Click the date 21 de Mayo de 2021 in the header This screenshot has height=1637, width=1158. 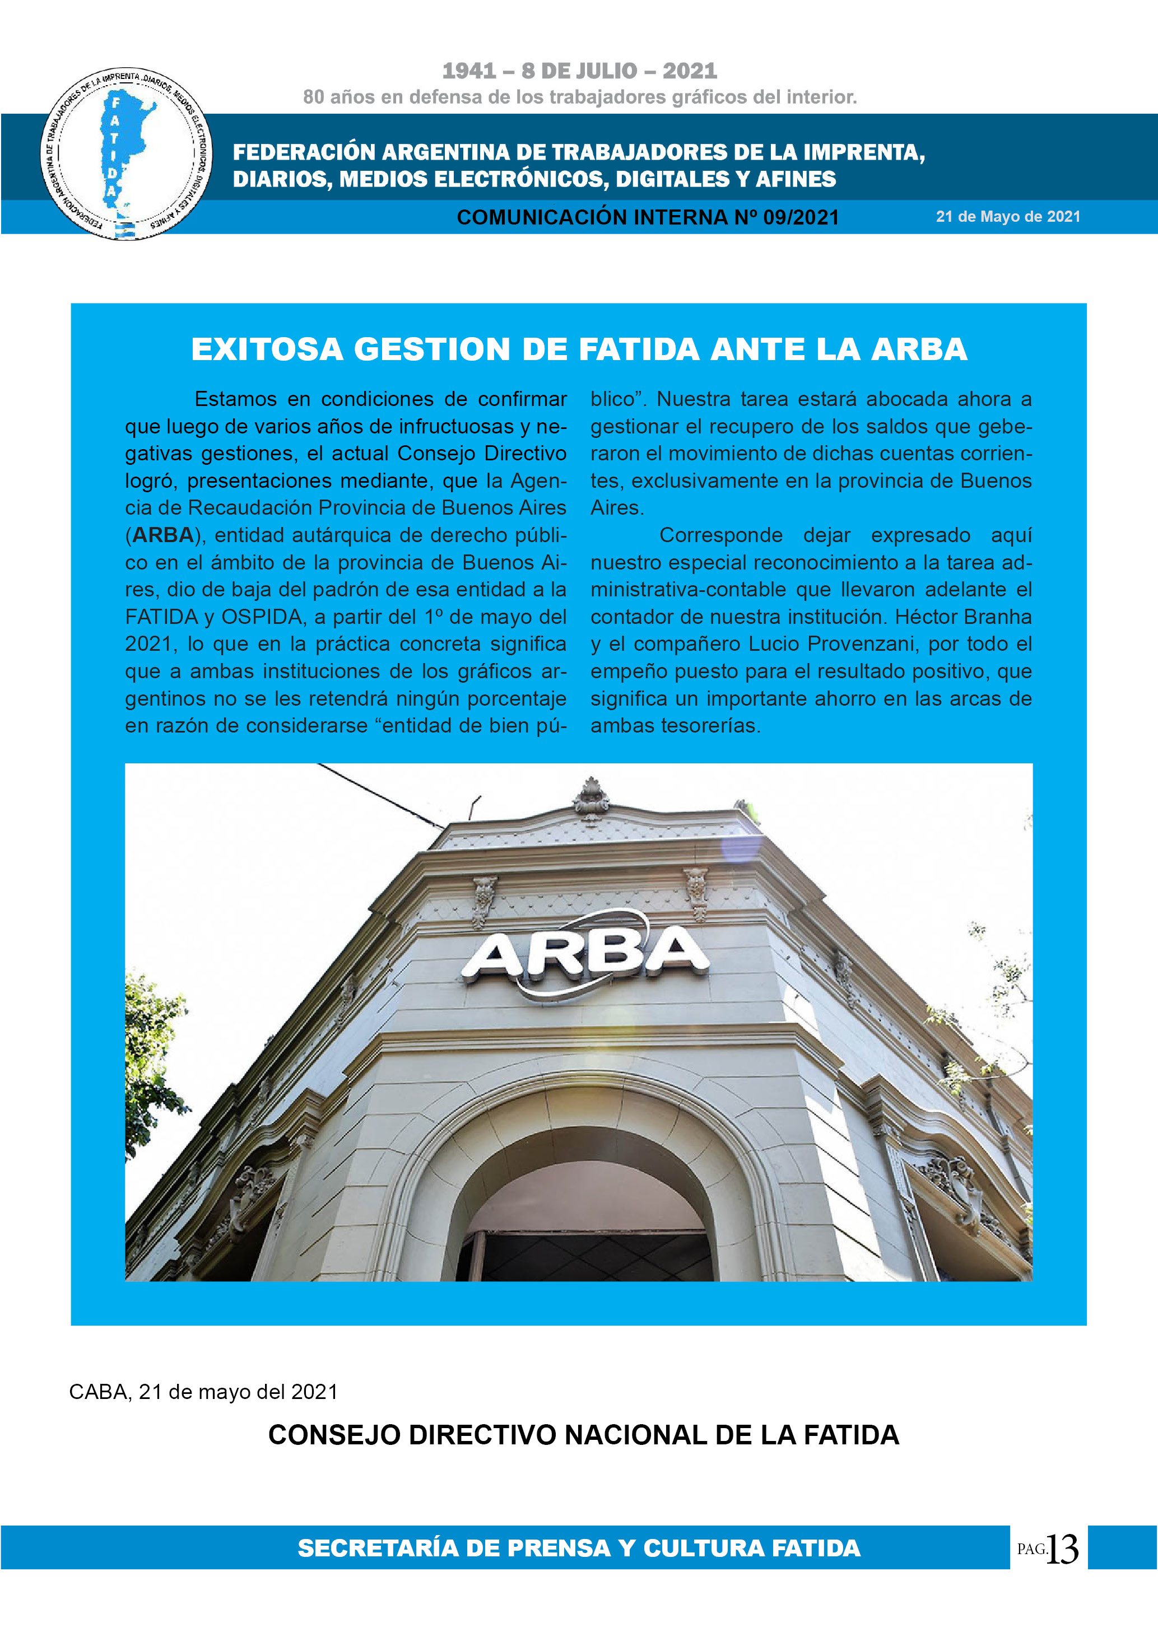click(1007, 217)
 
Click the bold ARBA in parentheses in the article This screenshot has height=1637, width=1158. click(163, 535)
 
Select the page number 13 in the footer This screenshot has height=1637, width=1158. click(1062, 1549)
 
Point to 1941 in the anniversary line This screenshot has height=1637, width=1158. click(468, 71)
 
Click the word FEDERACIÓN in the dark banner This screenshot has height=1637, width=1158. click(304, 152)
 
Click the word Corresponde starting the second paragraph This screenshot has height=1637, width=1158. click(721, 535)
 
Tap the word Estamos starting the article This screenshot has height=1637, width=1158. click(235, 399)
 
